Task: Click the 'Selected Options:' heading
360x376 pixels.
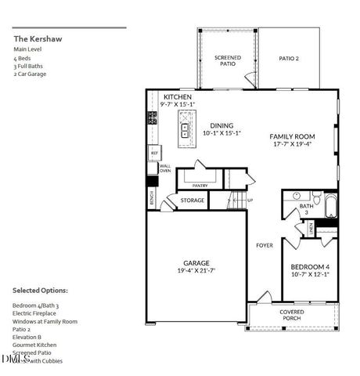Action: pyautogui.click(x=40, y=290)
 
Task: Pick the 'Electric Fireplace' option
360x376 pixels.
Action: pyautogui.click(x=34, y=313)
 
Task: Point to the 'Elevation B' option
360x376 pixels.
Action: pyautogui.click(x=27, y=337)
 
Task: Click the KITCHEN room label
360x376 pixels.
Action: pyautogui.click(x=178, y=96)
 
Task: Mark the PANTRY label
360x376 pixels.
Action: pyautogui.click(x=200, y=186)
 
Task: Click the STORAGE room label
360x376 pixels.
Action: pyautogui.click(x=193, y=201)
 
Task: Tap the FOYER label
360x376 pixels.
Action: pyautogui.click(x=265, y=245)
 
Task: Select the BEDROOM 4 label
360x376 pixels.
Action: pyautogui.click(x=305, y=266)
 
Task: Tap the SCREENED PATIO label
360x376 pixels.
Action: pyautogui.click(x=227, y=60)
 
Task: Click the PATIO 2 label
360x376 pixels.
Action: pyautogui.click(x=290, y=58)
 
